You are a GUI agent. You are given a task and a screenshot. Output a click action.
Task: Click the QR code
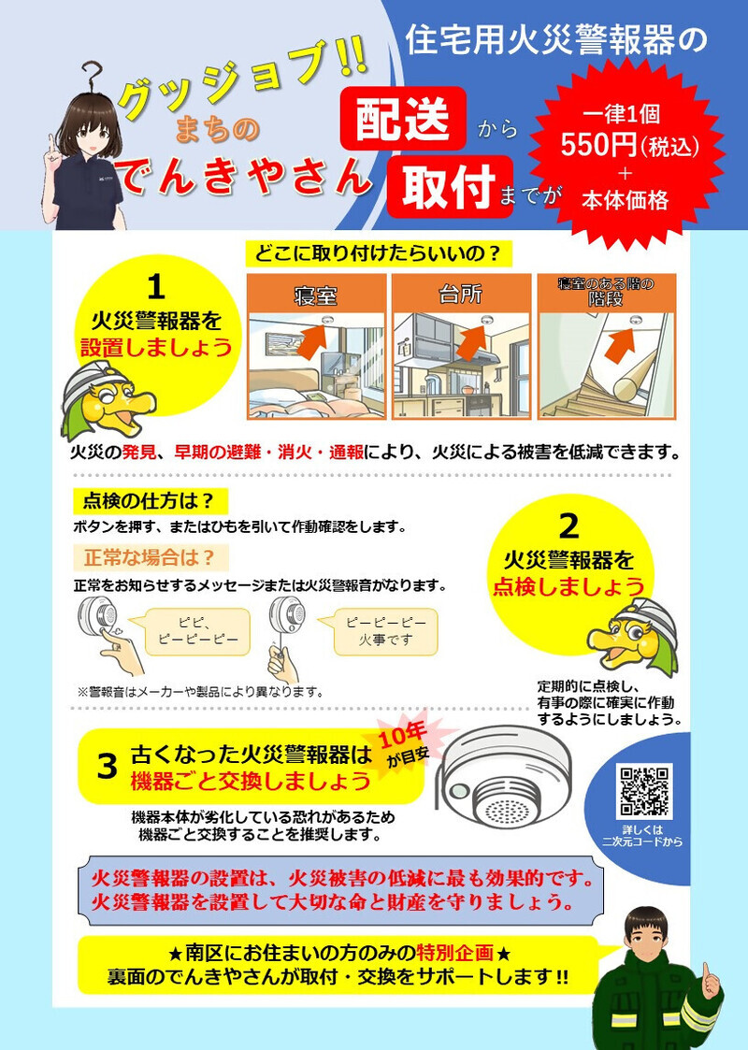pos(645,791)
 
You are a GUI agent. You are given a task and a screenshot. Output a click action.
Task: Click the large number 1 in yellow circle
pos(157,283)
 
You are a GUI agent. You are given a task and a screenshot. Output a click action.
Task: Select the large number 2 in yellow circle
pos(568,525)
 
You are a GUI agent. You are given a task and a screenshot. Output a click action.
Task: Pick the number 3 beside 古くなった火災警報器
pos(108,766)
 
